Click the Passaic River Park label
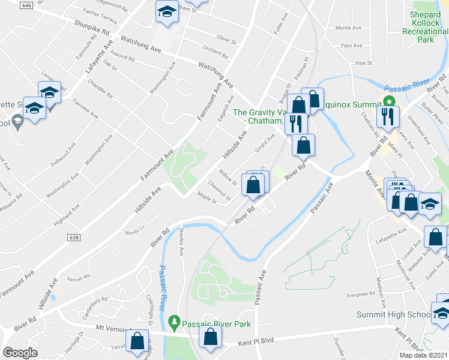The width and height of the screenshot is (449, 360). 217,324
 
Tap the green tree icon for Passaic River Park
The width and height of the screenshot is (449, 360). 174,323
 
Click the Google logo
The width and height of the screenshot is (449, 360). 20,353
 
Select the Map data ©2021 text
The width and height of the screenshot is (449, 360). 423,355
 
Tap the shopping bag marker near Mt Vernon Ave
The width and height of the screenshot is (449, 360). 137,340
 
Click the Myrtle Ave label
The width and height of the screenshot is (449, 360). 349,28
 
